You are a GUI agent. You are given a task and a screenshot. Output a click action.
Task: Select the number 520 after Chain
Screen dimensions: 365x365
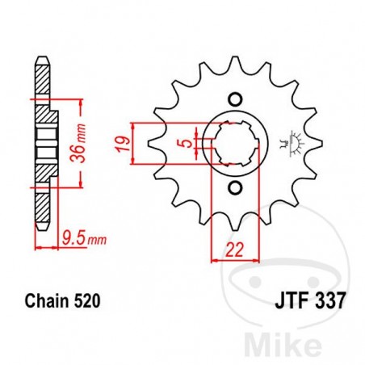tap(88, 301)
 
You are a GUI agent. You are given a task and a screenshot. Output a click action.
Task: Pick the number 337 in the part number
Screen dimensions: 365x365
tap(329, 301)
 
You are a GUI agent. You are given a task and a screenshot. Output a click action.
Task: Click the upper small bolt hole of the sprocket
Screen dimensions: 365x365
tap(234, 99)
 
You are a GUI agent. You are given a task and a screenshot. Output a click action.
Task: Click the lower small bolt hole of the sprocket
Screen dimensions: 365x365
tap(234, 189)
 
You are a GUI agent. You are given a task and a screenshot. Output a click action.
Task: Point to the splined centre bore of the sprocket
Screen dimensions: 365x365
tap(234, 144)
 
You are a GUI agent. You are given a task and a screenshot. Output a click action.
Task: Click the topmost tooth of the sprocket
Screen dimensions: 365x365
tap(234, 63)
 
